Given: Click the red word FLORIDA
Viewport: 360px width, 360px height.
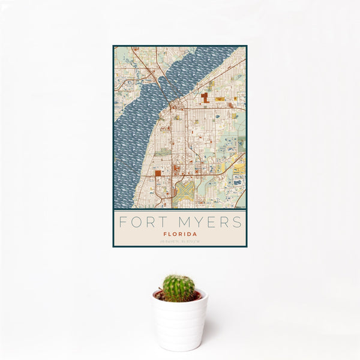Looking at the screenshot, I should (x=180, y=234).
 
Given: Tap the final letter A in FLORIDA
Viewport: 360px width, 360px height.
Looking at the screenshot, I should (x=194, y=234).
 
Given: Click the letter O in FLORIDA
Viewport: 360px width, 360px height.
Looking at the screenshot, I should (x=175, y=234).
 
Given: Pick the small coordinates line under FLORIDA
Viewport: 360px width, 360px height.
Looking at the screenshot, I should (x=180, y=242).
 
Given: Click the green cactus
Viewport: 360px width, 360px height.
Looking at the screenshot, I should (x=179, y=289).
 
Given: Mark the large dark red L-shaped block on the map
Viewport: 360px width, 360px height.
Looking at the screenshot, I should (x=205, y=97).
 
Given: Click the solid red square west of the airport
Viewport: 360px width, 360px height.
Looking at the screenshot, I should (x=157, y=173).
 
